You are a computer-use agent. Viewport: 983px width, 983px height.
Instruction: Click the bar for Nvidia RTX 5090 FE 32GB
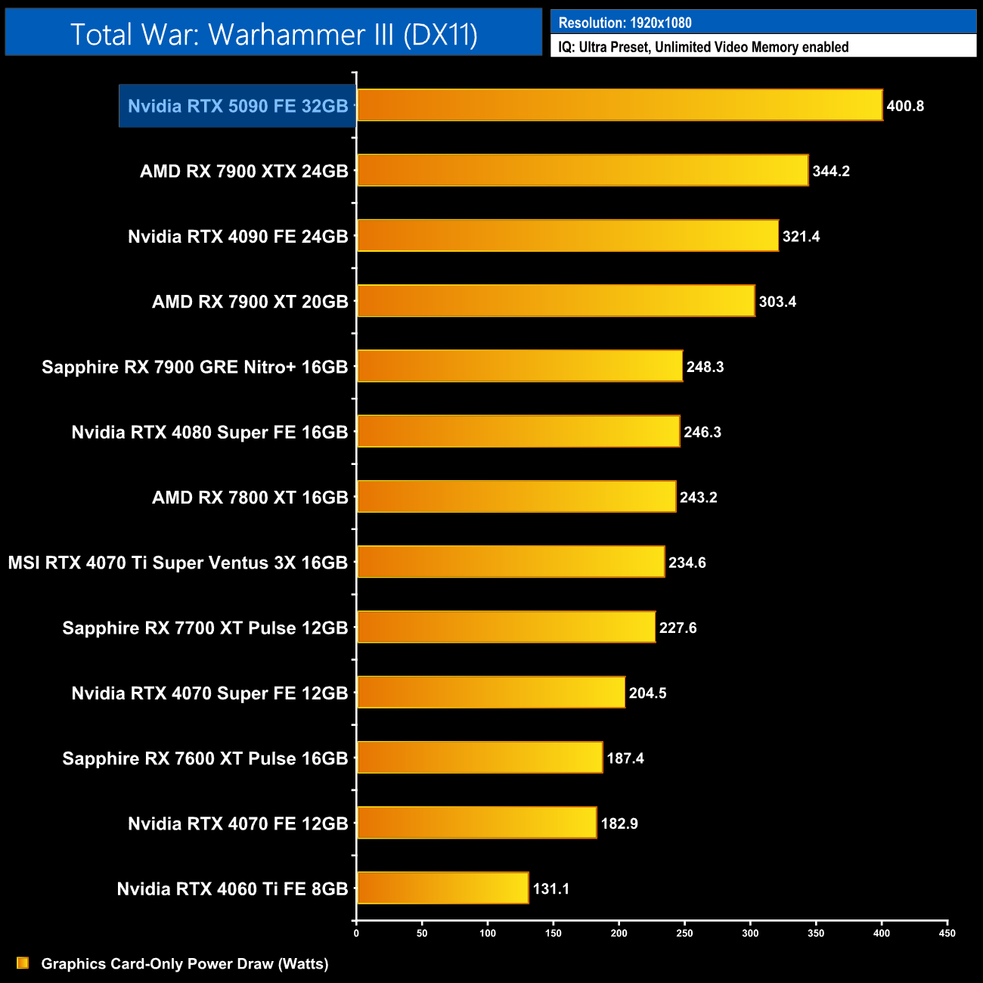pyautogui.click(x=619, y=105)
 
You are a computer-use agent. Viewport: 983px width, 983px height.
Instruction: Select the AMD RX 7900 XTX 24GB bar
pyautogui.click(x=582, y=170)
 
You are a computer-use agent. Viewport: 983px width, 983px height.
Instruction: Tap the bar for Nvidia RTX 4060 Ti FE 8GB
pyautogui.click(x=442, y=888)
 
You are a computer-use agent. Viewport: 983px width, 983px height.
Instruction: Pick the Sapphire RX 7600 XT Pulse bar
pyautogui.click(x=479, y=758)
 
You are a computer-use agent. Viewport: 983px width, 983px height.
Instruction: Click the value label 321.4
pyautogui.click(x=801, y=237)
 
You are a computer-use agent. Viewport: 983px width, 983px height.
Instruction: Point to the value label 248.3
pyautogui.click(x=705, y=367)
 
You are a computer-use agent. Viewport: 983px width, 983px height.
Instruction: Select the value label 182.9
pyautogui.click(x=619, y=823)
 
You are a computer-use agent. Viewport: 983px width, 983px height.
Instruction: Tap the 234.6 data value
pyautogui.click(x=687, y=563)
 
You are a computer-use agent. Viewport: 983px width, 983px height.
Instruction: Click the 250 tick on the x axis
pyautogui.click(x=684, y=933)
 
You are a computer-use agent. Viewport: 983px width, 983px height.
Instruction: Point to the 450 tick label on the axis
pyautogui.click(x=947, y=933)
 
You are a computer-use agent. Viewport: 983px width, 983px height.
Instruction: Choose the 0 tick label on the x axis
pyautogui.click(x=356, y=933)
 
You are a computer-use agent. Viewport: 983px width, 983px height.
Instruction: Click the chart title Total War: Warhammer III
pyautogui.click(x=274, y=35)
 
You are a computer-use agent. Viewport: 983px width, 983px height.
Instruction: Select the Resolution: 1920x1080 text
pyautogui.click(x=625, y=23)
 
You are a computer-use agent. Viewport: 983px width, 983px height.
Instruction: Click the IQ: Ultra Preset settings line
pyautogui.click(x=703, y=47)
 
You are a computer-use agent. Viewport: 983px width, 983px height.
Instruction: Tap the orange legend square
pyautogui.click(x=23, y=963)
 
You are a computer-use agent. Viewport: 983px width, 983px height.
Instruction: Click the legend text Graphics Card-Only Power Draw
pyautogui.click(x=185, y=963)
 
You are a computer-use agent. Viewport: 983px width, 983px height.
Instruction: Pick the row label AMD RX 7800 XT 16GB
pyautogui.click(x=250, y=498)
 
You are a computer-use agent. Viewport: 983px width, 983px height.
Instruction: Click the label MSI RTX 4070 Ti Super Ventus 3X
pyautogui.click(x=178, y=563)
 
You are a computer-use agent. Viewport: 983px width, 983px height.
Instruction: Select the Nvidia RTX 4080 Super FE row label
pyautogui.click(x=209, y=433)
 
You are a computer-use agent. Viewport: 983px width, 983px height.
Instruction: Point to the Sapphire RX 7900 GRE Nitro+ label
pyautogui.click(x=194, y=367)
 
